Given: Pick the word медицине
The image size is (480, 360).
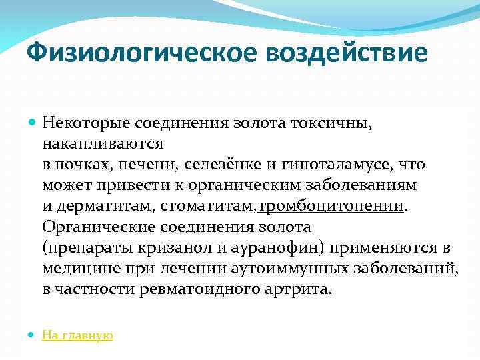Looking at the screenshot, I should click(75, 269).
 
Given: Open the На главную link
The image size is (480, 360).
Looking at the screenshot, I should click(77, 335).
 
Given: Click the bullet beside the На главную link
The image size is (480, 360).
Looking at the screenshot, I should click(32, 335).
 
